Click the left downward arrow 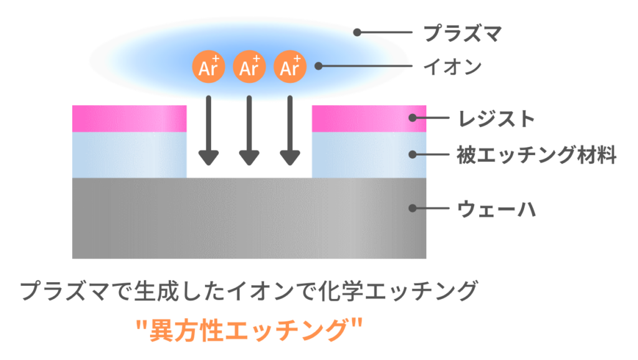(209, 130)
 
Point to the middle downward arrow (249, 130)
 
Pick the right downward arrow (290, 130)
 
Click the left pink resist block (129, 118)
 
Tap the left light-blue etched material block (129, 154)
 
